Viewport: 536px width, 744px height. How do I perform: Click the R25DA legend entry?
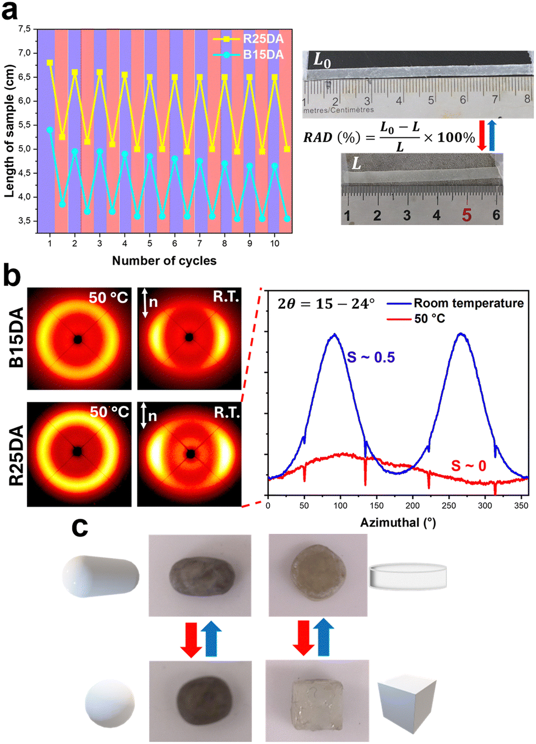point(263,39)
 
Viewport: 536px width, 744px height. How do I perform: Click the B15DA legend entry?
point(263,54)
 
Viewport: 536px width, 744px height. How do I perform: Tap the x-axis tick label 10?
point(275,244)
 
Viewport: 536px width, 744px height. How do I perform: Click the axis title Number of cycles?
point(164,261)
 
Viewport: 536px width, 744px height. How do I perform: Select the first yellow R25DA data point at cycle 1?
point(50,63)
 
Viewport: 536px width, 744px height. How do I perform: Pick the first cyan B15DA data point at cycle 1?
point(50,130)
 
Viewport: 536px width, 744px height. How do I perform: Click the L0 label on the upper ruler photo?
point(322,60)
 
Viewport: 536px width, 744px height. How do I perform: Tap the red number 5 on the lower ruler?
point(466,215)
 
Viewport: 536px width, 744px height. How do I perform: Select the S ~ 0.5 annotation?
point(371,357)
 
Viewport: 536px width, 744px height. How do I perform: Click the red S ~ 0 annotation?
point(468,466)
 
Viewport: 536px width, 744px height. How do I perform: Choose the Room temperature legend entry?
point(468,303)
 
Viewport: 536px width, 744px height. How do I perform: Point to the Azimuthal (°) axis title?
point(398,523)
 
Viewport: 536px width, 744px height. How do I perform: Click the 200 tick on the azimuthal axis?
point(413,506)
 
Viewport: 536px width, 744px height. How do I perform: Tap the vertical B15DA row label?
point(16,337)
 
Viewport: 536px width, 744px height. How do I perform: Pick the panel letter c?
point(80,528)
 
